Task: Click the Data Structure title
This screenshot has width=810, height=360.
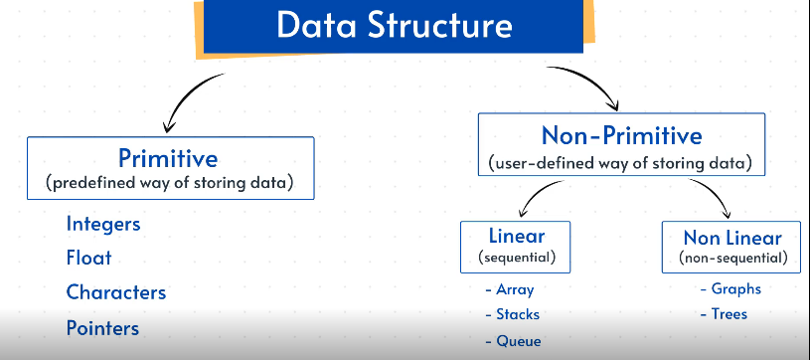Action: coord(395,25)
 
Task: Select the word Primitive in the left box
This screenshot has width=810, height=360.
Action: coord(168,158)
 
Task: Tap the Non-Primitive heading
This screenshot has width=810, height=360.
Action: coord(621,135)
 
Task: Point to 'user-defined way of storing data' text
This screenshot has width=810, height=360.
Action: coord(620,163)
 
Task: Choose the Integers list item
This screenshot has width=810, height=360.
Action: coord(103,224)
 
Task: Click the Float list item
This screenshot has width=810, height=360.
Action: coord(88,258)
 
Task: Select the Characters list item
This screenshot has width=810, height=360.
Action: coord(116,292)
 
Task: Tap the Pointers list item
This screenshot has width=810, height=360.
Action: coord(102,328)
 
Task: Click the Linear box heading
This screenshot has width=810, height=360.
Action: coord(517,236)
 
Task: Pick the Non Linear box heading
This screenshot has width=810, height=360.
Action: coord(732,238)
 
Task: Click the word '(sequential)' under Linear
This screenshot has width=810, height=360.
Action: coord(517,257)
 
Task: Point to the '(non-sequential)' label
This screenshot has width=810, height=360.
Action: coord(732,258)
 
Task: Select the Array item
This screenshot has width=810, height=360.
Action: coord(510,289)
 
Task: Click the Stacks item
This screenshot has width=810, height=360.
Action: coord(513,314)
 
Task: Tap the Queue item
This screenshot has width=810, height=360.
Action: coord(514,341)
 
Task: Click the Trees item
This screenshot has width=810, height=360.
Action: coord(724,314)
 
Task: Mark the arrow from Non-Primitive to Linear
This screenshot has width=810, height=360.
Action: coord(535,194)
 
